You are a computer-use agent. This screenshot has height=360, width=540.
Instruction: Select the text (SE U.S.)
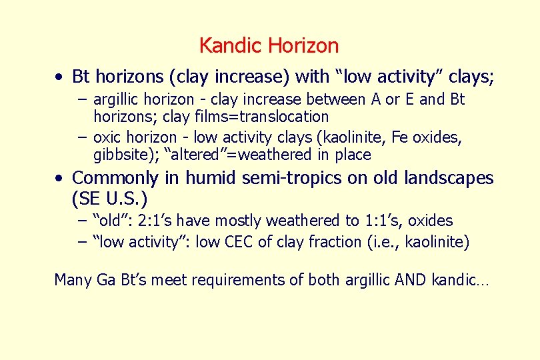click(109, 199)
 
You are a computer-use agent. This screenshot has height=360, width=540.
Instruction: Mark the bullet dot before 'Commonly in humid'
click(60, 179)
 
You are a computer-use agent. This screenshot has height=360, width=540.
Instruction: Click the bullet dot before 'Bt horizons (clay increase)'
click(60, 77)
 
